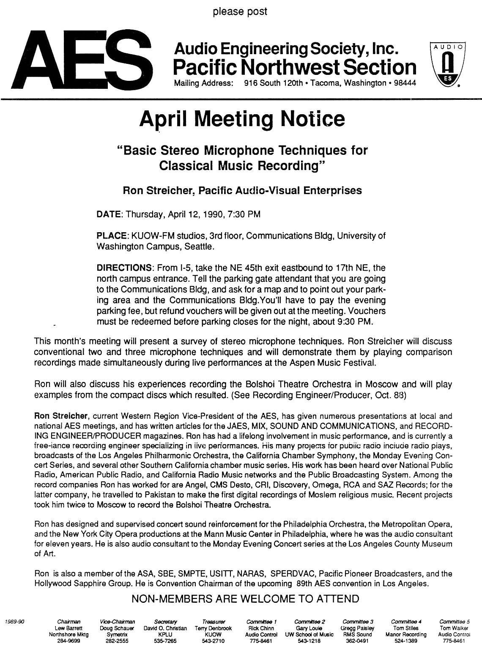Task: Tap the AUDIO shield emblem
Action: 447,63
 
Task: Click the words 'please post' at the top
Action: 240,11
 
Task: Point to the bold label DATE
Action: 109,214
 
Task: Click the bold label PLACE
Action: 112,236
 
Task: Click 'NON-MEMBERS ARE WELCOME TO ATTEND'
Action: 246,599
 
